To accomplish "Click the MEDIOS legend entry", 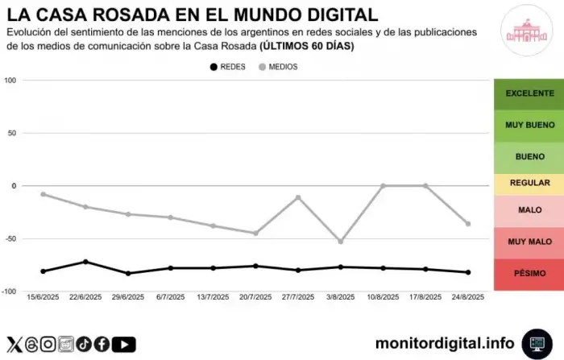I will coord(277,67).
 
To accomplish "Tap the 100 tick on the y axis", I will coord(10,81).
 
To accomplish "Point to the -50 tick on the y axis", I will coord(10,238).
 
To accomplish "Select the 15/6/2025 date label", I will coord(43,297).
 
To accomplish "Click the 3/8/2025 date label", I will coord(341,297).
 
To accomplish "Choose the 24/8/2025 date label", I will coord(468,297).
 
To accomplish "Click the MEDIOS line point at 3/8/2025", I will coord(341,242).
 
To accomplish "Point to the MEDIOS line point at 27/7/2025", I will coord(298,197).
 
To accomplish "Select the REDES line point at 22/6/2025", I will coord(85,262).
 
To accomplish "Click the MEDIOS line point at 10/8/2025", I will coord(384,186).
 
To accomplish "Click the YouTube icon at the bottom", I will coord(123,344).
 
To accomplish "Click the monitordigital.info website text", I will coord(445,343).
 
